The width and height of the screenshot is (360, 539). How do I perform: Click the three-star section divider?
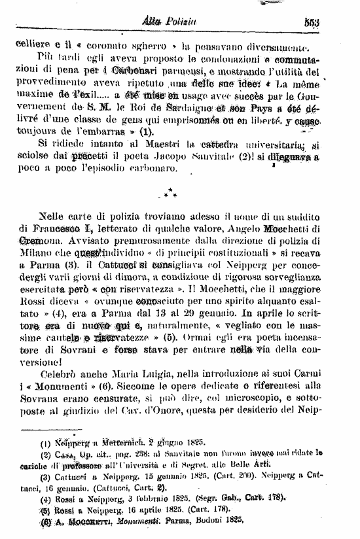(x=169, y=194)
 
